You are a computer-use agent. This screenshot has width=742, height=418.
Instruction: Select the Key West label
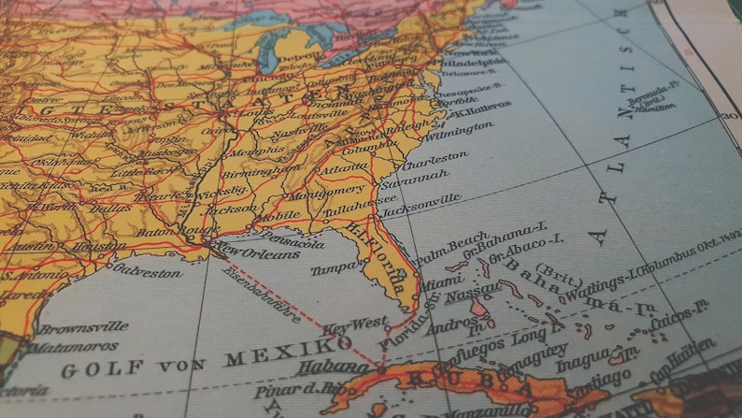[x=355, y=325]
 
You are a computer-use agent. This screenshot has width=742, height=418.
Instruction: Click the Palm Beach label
[x=452, y=250]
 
